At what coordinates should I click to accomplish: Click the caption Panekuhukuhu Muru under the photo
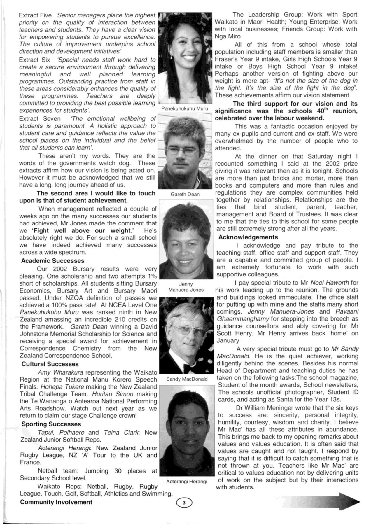[x=185, y=108]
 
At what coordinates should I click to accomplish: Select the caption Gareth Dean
[x=185, y=194]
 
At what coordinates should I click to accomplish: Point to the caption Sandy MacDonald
[x=187, y=379]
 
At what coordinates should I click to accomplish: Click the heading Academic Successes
[x=52, y=261]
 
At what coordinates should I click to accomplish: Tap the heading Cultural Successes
[x=50, y=364]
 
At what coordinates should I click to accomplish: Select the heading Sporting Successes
[x=51, y=424]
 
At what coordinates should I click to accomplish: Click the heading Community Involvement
[x=56, y=502]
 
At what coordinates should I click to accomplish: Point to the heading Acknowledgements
[x=248, y=237]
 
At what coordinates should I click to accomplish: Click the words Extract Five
[x=35, y=15]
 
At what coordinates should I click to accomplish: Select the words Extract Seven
[x=40, y=119]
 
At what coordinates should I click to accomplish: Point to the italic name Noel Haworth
[x=330, y=283]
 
